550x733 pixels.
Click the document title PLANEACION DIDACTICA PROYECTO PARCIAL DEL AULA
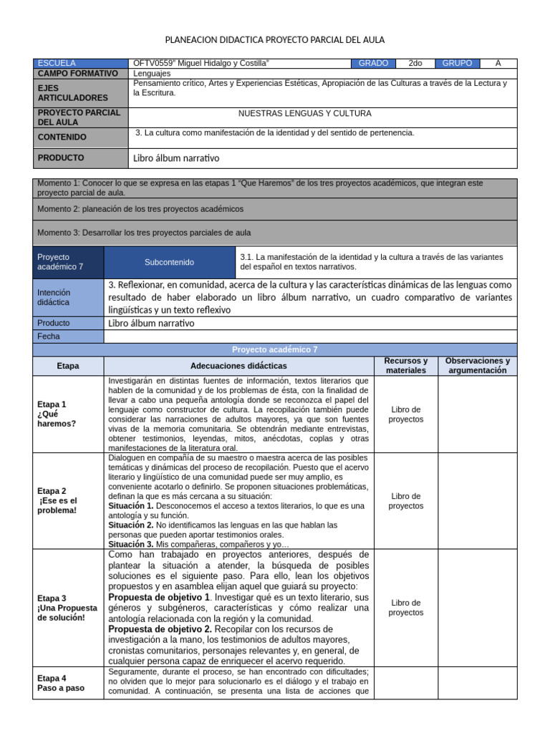point(275,40)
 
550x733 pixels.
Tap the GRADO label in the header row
point(373,63)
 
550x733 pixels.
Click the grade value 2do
point(415,63)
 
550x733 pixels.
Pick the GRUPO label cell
point(457,63)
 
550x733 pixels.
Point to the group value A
point(498,63)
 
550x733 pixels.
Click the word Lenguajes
point(153,73)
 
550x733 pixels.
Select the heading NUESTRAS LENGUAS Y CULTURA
point(304,113)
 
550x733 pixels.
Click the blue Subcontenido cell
point(169,263)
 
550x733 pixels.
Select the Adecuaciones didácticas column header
point(238,366)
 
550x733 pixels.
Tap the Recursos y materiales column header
point(405,366)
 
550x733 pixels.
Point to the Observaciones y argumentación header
point(477,366)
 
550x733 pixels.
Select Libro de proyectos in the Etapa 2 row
point(405,501)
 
